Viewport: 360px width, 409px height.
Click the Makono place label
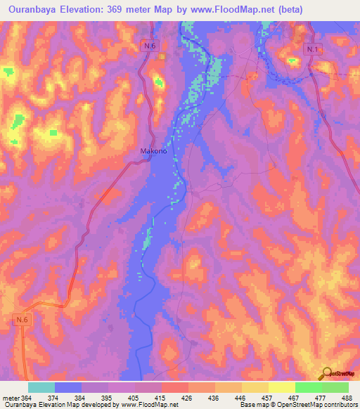pos(153,150)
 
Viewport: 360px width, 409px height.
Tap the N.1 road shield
pos(313,49)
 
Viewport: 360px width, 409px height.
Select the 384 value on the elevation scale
pos(80,397)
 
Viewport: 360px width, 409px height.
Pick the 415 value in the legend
pos(161,397)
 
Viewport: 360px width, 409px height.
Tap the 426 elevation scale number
pos(188,397)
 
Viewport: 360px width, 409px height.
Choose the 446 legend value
pos(241,397)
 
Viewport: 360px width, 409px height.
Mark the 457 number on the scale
pos(268,397)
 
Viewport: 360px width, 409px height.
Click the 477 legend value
pos(321,397)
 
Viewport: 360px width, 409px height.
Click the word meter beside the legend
pos(10,397)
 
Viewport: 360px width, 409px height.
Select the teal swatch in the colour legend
pos(41,387)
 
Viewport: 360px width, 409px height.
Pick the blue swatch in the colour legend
pos(68,387)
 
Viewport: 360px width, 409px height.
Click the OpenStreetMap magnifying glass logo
pos(327,373)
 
